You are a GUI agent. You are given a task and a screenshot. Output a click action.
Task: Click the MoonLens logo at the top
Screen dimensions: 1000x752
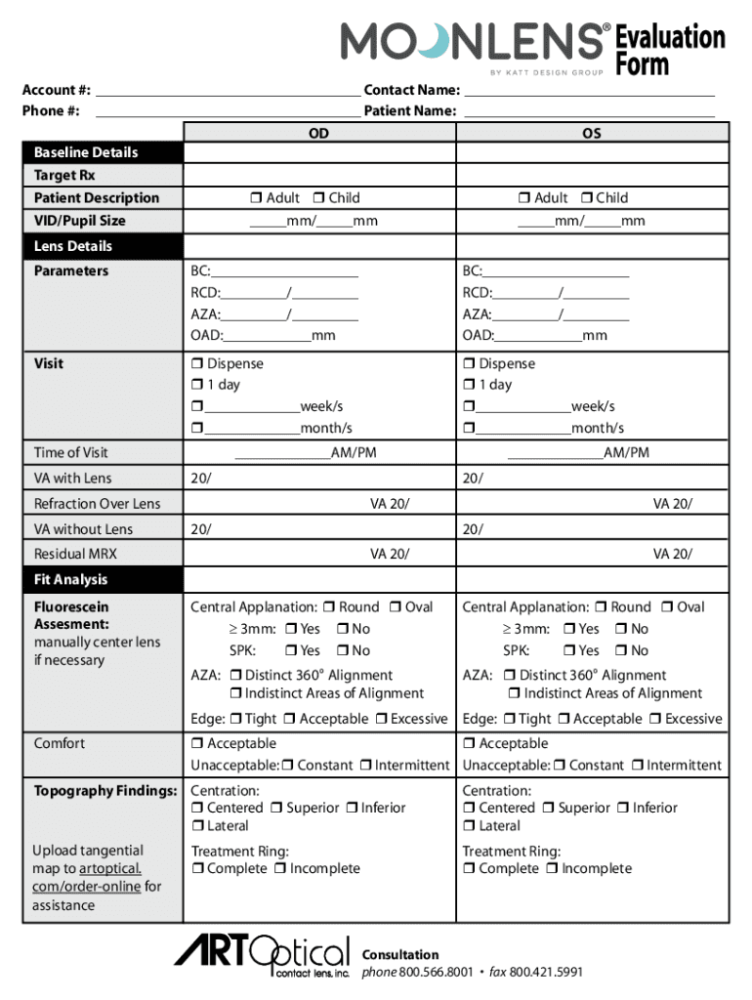(x=473, y=41)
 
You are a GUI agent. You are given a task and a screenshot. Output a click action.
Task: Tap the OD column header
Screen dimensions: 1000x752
(x=318, y=133)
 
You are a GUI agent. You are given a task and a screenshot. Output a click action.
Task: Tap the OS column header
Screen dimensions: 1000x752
(x=592, y=133)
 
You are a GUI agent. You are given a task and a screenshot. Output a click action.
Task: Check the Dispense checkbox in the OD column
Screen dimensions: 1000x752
(x=196, y=364)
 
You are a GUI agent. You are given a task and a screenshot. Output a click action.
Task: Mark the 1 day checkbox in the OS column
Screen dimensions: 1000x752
(x=469, y=385)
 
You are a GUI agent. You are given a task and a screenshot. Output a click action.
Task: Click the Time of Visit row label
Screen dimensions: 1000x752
(x=71, y=452)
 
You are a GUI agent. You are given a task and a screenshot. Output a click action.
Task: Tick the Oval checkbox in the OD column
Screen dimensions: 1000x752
(x=396, y=607)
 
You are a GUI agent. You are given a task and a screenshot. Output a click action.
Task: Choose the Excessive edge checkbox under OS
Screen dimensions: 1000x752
(x=656, y=720)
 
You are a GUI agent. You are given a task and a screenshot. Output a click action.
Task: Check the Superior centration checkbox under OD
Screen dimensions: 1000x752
(x=278, y=809)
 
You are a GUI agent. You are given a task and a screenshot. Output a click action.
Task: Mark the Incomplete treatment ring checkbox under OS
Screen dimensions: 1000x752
(x=552, y=869)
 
